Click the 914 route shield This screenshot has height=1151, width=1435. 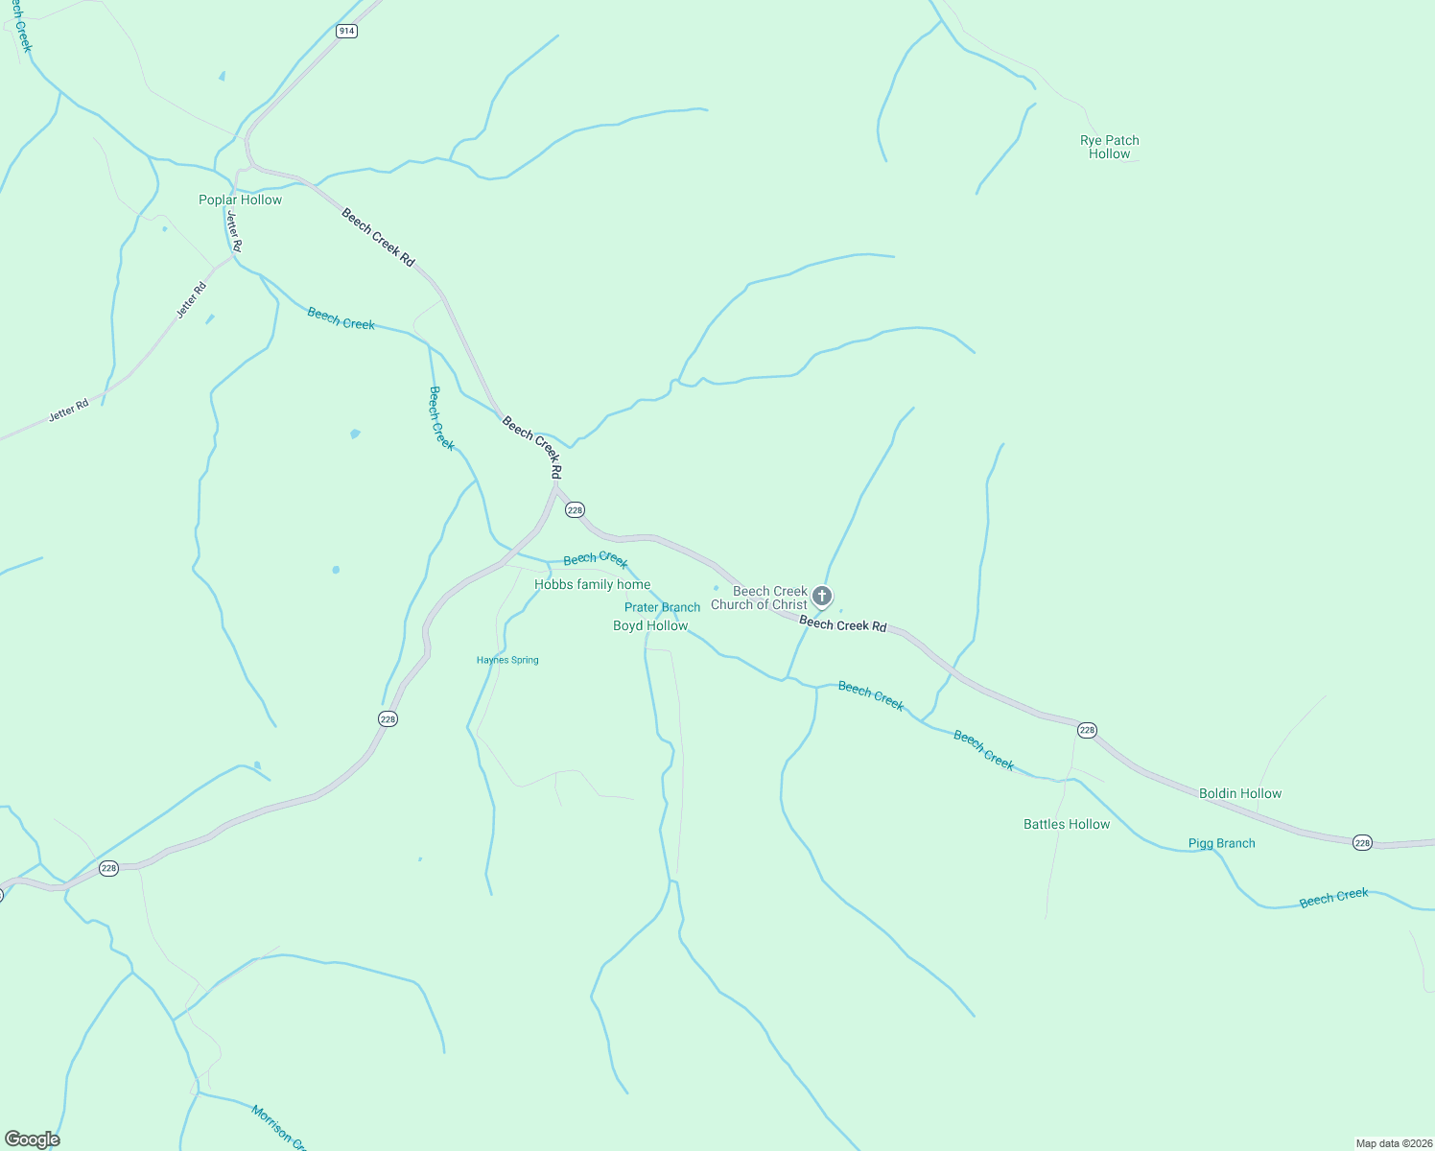(x=346, y=31)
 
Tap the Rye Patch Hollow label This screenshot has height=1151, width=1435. (x=1110, y=147)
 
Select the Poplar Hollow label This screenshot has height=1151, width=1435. (x=240, y=200)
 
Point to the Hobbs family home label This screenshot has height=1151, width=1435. (x=592, y=584)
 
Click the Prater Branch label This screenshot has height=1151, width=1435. (x=662, y=607)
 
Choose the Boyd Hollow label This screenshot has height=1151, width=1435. (x=650, y=625)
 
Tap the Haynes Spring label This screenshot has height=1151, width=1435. (x=507, y=660)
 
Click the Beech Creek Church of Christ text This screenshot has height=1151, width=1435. (x=760, y=598)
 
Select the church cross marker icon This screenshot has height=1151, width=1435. (x=822, y=597)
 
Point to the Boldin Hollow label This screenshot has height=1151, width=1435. (x=1240, y=793)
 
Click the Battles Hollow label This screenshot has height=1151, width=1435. (x=1067, y=824)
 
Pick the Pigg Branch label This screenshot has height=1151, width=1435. (x=1221, y=843)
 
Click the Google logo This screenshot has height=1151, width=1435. (x=33, y=1139)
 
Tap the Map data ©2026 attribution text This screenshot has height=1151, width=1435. (x=1393, y=1143)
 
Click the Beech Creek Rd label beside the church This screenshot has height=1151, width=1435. (x=843, y=625)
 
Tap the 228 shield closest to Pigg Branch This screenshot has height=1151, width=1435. (x=1362, y=842)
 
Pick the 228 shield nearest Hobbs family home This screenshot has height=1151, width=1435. (x=575, y=510)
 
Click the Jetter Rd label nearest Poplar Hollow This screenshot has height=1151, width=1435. (x=234, y=232)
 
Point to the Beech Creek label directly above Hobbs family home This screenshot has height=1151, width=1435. (x=596, y=559)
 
